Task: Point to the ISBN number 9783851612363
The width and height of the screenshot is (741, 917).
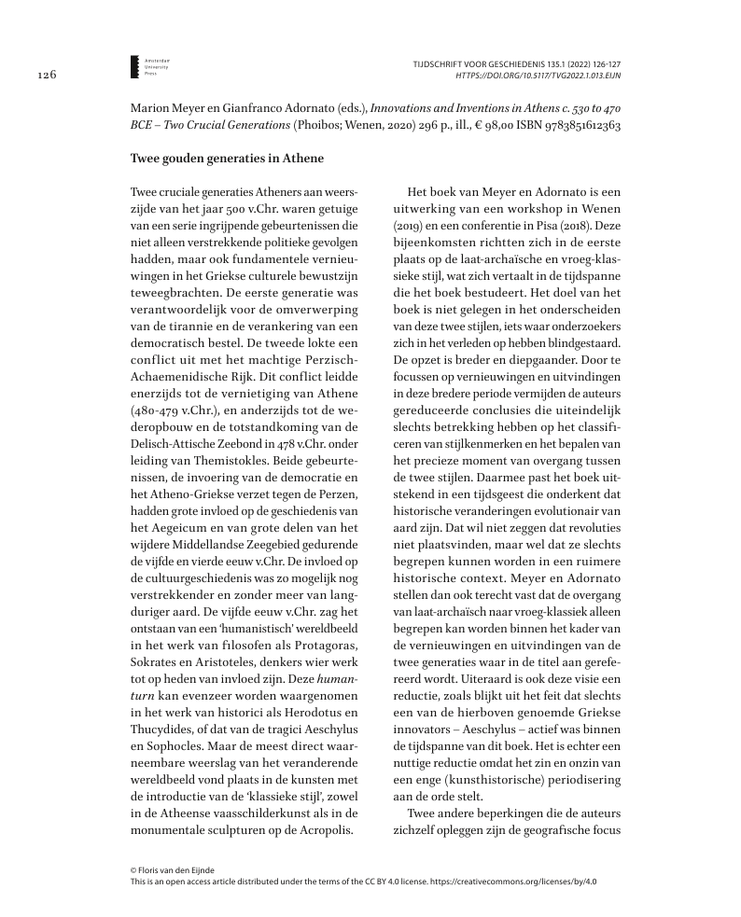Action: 580,125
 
